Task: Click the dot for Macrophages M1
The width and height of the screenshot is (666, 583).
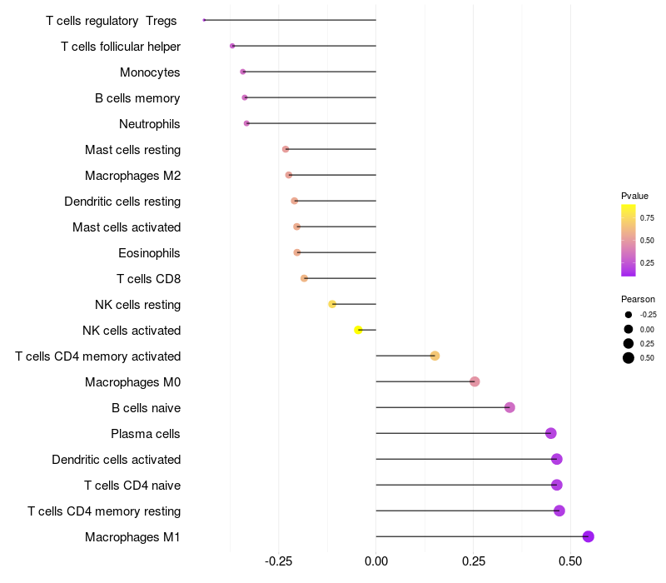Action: coord(589,537)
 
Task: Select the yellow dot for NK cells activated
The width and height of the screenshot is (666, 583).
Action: coord(359,331)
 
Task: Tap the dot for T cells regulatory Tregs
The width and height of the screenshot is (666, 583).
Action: coord(204,20)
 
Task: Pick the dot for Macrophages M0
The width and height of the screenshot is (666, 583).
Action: coord(475,382)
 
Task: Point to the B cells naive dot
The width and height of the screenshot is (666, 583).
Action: coord(509,408)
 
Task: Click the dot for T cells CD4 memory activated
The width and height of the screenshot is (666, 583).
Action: coord(435,356)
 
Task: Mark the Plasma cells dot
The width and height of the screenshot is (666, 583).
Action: coord(550,434)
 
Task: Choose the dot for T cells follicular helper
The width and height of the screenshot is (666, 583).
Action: coord(232,46)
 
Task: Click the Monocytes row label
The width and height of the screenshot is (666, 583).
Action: coord(150,72)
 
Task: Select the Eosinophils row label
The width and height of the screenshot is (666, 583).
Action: coord(150,253)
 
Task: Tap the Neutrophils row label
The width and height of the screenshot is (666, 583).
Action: coord(150,124)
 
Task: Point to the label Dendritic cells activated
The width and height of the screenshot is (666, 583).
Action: coord(117,460)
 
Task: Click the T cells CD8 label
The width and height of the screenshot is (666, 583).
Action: coord(149,279)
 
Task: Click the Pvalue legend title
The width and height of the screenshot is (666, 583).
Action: coord(634,196)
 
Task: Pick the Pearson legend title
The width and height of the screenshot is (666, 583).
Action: coord(638,299)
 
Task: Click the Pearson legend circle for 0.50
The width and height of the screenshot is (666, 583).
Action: coord(628,358)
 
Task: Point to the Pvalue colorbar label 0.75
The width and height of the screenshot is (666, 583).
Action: coord(647,217)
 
